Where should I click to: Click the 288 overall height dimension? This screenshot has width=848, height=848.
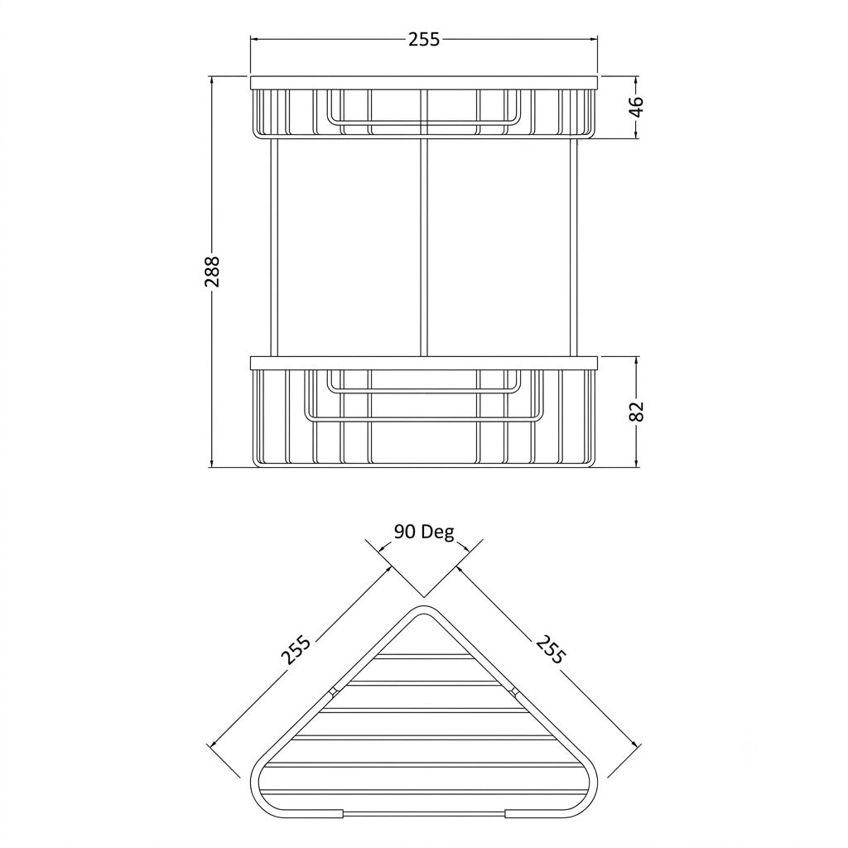point(213,272)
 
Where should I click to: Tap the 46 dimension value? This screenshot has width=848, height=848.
point(637,107)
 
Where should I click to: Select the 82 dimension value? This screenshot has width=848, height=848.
point(637,412)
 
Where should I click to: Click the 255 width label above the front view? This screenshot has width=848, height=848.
point(423,40)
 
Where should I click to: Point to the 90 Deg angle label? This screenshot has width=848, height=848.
point(423,532)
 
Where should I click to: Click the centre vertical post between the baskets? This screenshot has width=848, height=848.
point(423,248)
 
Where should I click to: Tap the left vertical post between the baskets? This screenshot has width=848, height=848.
point(273,248)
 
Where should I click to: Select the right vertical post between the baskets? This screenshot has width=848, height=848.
point(574,248)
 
